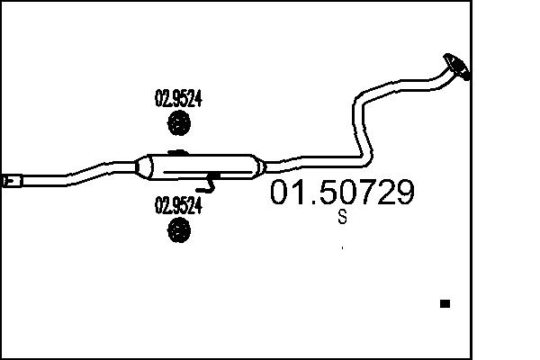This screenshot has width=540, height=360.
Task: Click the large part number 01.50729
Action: (343, 193)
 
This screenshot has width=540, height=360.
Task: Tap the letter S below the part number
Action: (342, 217)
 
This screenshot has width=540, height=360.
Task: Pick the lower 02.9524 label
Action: (178, 205)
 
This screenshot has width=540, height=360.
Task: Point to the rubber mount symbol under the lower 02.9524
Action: (179, 229)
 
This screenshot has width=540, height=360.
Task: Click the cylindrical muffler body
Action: (202, 167)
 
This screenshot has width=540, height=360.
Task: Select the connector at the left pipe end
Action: (12, 183)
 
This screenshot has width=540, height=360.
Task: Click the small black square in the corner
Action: (444, 304)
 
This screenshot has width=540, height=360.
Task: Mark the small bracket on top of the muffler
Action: (177, 152)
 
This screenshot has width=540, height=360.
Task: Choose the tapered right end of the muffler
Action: (260, 166)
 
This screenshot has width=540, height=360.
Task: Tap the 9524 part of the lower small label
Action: (185, 205)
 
